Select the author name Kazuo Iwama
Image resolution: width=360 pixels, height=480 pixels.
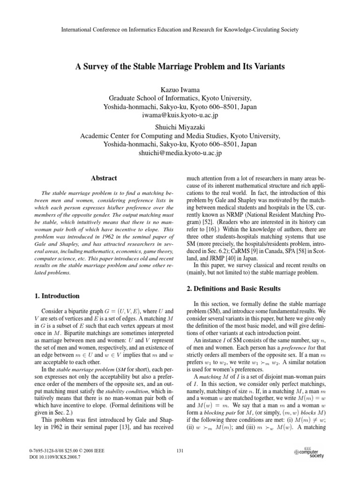tap(180, 89)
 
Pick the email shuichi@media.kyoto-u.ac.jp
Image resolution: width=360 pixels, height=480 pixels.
tap(180, 153)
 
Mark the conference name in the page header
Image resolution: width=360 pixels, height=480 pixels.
tap(180, 30)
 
